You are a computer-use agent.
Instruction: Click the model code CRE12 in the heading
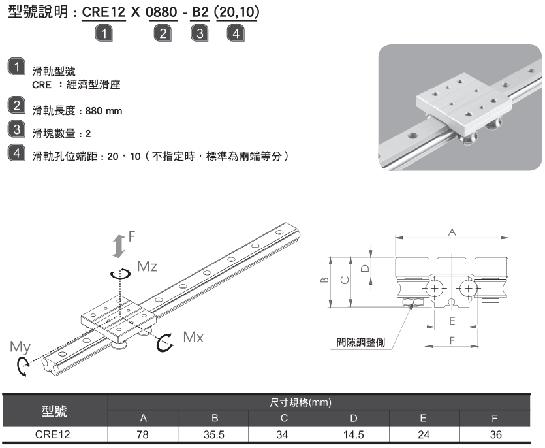point(104,14)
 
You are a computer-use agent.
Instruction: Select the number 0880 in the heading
point(164,14)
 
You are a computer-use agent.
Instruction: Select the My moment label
point(19,347)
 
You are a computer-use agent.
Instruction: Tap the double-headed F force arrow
point(118,246)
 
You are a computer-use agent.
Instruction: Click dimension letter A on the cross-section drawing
point(451,232)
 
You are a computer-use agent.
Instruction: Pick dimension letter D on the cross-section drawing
point(365,267)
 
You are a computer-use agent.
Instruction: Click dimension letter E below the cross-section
point(452,321)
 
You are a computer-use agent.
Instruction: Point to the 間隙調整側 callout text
point(360,342)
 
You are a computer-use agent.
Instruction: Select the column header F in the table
point(495,417)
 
